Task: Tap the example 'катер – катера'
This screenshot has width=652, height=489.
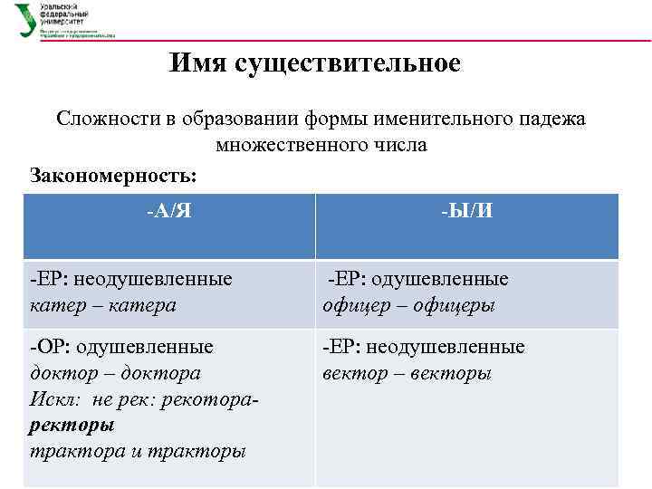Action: point(102,305)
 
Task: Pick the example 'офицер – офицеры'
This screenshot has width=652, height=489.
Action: point(408,305)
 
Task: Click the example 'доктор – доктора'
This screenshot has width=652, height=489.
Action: point(114,373)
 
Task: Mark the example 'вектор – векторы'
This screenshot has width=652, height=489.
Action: point(407,373)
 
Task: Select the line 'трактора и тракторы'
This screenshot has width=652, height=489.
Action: point(137,451)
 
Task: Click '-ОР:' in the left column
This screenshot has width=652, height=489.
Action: point(50,347)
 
